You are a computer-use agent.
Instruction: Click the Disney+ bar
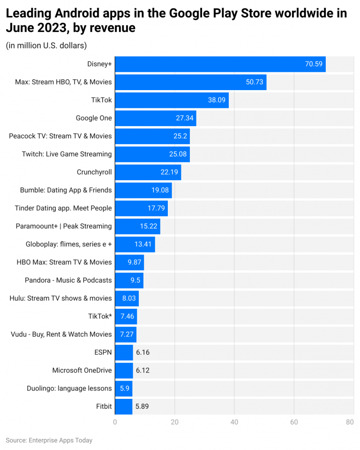(220, 64)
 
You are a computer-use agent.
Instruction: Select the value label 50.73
(255, 82)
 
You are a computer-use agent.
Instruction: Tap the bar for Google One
(155, 118)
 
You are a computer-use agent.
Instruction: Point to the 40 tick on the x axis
(234, 422)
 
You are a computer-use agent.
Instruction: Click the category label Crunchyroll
(94, 172)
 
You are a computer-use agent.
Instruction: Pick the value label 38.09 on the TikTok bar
(217, 100)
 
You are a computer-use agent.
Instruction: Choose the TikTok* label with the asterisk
(100, 316)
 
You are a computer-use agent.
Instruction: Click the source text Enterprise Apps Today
(60, 441)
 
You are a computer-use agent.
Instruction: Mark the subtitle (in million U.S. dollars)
(46, 46)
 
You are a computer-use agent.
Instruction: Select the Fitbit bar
(124, 406)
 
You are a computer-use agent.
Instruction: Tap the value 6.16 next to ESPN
(142, 352)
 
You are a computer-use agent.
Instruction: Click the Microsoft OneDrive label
(82, 370)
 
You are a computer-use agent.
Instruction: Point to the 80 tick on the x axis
(350, 422)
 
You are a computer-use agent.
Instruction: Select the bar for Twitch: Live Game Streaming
(152, 154)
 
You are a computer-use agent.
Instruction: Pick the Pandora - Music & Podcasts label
(68, 280)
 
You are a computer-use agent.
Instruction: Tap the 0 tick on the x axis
(115, 422)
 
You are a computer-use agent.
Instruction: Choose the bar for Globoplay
(135, 244)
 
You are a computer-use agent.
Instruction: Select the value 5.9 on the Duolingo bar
(124, 389)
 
